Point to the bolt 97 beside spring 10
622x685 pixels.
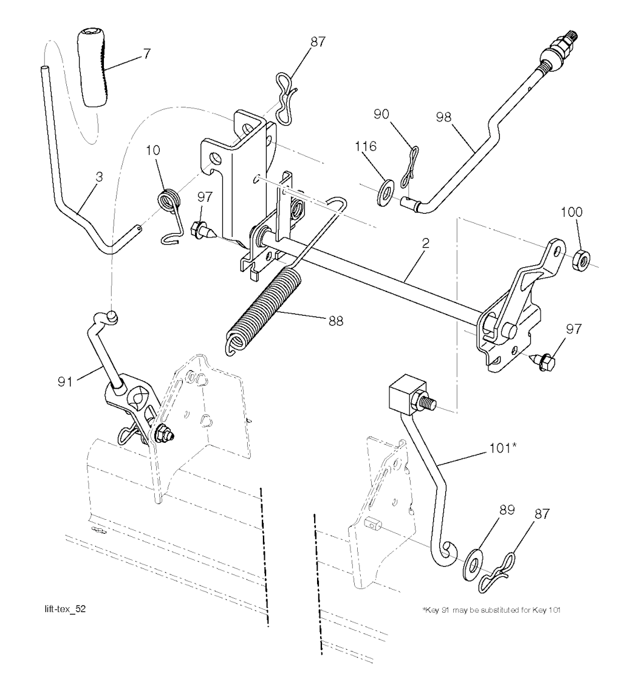[200, 230]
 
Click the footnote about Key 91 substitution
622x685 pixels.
[490, 610]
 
